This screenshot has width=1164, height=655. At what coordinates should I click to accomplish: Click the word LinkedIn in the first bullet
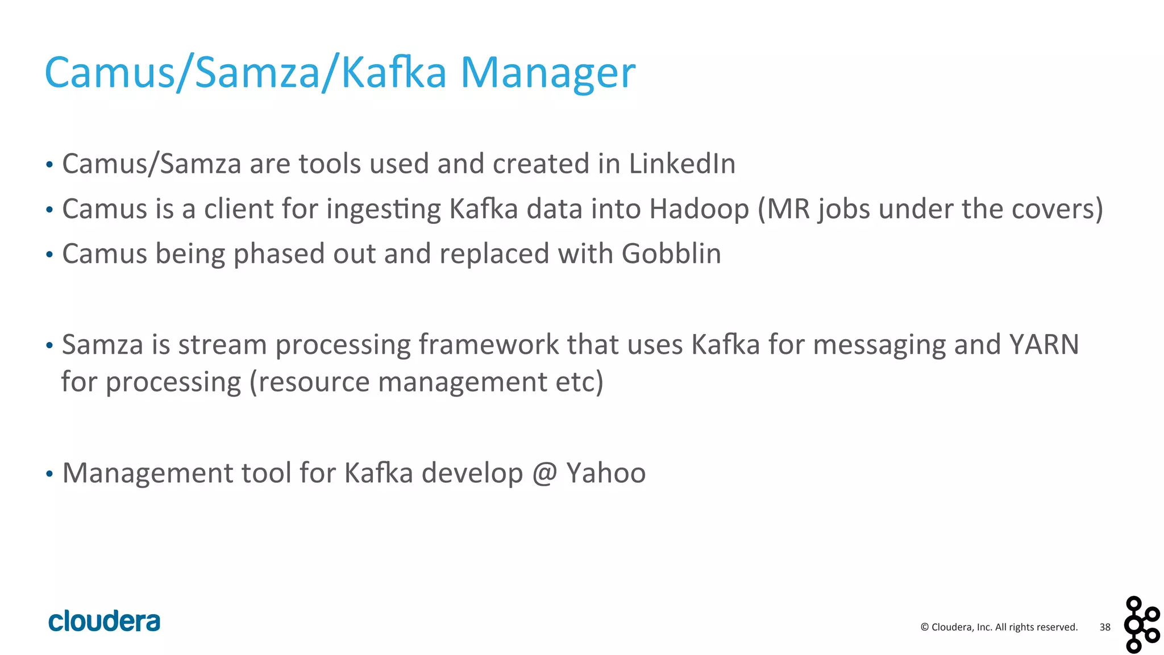pyautogui.click(x=681, y=164)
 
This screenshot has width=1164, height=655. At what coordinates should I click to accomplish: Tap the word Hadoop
pyautogui.click(x=699, y=208)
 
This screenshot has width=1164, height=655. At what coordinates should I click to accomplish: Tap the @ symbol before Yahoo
pyautogui.click(x=544, y=473)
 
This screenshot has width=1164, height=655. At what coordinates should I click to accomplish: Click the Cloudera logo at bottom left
pyautogui.click(x=105, y=621)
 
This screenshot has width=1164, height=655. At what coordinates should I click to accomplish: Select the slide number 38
pyautogui.click(x=1104, y=627)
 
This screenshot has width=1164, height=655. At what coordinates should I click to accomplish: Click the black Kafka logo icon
pyautogui.click(x=1141, y=624)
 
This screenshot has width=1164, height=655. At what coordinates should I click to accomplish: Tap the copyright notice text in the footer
pyautogui.click(x=999, y=627)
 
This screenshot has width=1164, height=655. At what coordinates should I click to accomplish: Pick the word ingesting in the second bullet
pyautogui.click(x=384, y=210)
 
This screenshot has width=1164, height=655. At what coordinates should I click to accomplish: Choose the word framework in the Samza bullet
pyautogui.click(x=489, y=345)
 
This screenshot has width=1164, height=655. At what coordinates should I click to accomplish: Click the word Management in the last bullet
pyautogui.click(x=147, y=473)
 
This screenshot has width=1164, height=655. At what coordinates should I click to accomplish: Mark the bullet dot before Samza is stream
pyautogui.click(x=49, y=345)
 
